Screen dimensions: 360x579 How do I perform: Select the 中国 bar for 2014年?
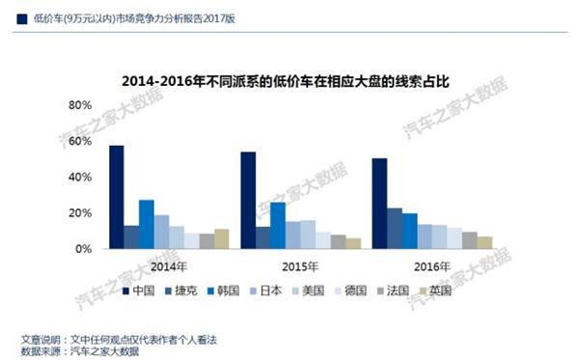(117, 198)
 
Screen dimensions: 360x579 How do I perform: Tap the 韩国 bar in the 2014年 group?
(147, 224)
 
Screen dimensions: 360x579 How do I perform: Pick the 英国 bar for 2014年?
(221, 238)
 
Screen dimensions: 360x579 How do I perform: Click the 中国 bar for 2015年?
(248, 201)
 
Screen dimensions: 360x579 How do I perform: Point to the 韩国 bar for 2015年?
(278, 225)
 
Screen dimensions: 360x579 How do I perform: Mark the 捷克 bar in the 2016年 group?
(395, 228)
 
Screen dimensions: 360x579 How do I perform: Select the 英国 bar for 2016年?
(484, 242)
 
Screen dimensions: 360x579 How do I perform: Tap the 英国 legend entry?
(466, 290)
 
